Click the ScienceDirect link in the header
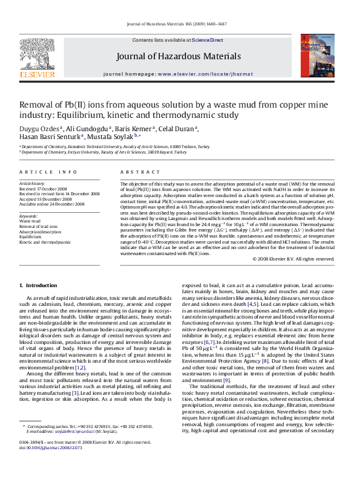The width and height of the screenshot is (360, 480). tap(208, 40)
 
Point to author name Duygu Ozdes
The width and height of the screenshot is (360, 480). tap(41, 129)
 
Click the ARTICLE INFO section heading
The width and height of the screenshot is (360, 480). tap(43, 172)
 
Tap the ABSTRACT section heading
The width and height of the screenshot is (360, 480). tap(135, 172)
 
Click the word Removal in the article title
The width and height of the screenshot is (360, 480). tap(38, 105)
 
